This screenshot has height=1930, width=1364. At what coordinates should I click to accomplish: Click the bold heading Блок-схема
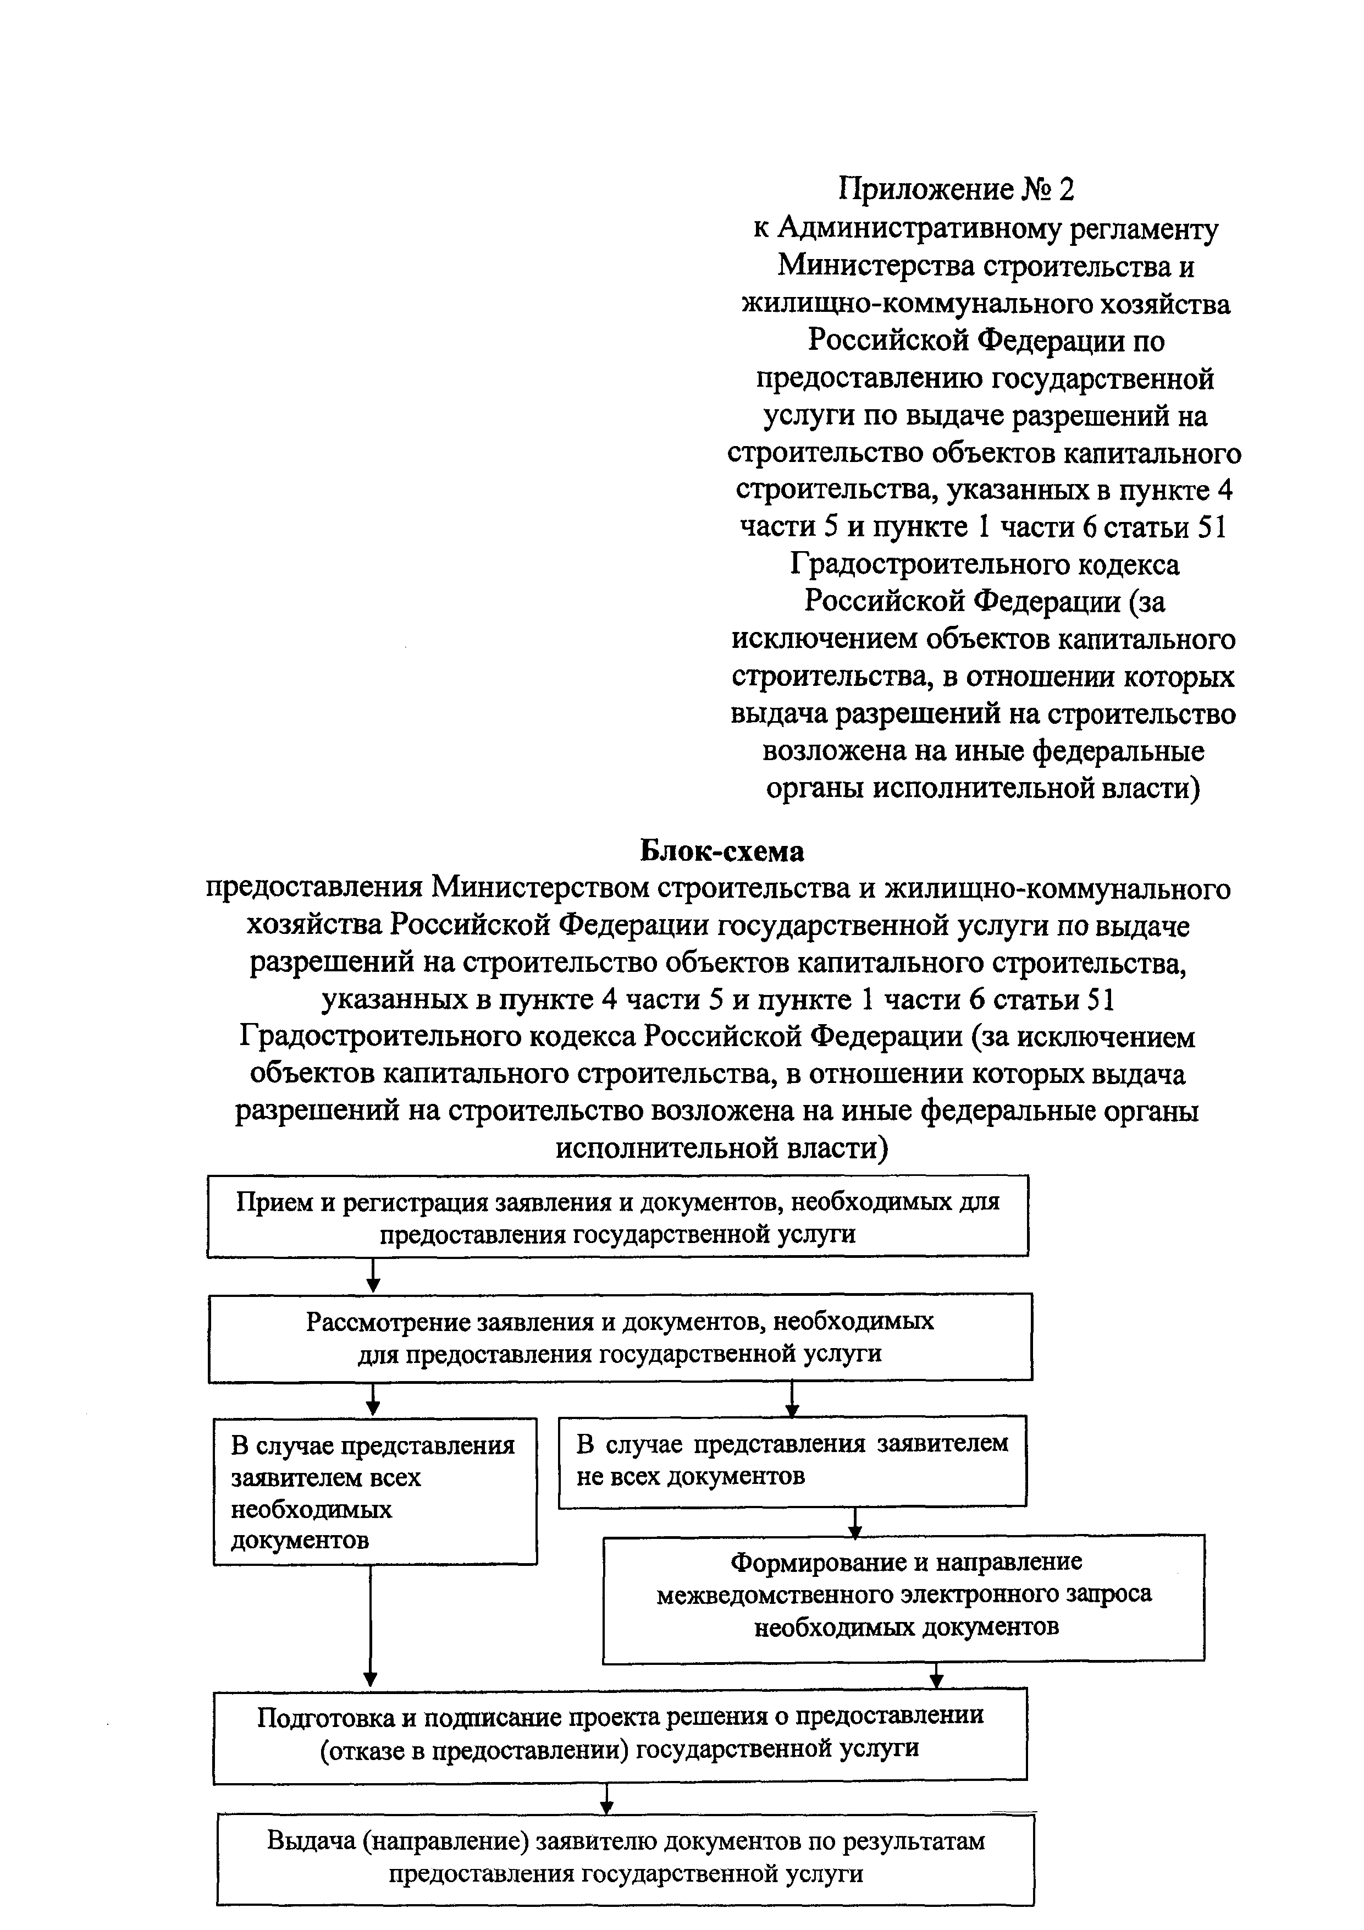pyautogui.click(x=721, y=851)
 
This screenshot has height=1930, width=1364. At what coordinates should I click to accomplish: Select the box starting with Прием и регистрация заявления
pyautogui.click(x=618, y=1216)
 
